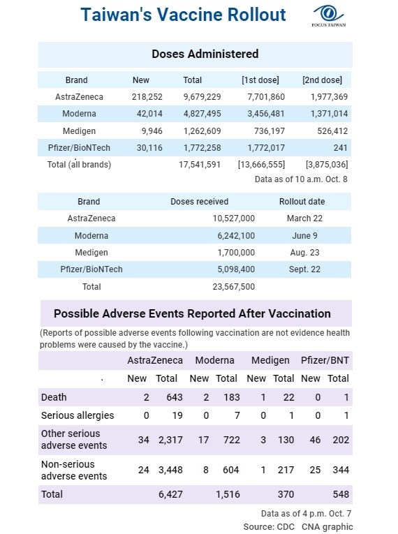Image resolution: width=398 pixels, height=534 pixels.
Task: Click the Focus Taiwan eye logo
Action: point(328,13)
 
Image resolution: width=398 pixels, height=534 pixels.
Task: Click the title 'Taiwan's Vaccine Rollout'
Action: point(183,15)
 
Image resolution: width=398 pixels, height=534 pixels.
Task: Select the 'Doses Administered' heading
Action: point(205,54)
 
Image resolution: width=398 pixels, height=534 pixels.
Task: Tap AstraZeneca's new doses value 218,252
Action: point(147,97)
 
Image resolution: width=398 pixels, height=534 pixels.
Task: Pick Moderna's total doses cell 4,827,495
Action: point(202,113)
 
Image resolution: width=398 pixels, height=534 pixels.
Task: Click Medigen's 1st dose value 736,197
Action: point(270,131)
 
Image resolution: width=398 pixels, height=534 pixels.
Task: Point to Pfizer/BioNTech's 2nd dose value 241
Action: point(340,148)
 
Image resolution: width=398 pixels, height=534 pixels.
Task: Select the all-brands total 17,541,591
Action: point(200,165)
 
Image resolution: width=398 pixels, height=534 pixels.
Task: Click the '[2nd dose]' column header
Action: point(322,80)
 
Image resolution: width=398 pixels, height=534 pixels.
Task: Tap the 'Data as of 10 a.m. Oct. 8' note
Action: point(301,179)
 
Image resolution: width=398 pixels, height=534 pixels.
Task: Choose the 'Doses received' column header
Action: point(199,201)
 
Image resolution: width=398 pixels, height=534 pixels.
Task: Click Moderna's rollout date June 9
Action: point(304,236)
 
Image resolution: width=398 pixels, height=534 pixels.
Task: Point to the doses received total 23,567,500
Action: point(234,286)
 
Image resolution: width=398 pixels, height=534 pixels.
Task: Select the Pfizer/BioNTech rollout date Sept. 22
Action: point(304,269)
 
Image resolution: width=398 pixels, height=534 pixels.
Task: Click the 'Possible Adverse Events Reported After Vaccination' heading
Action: point(192,313)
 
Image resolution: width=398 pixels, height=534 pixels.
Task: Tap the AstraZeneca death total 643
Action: point(175,397)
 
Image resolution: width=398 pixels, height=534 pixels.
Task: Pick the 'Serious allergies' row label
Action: point(78,415)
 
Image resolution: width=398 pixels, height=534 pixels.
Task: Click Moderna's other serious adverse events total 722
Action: point(231,440)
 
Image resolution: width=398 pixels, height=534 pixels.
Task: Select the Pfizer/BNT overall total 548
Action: point(341,494)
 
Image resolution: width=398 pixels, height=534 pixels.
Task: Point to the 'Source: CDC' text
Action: point(269,526)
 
